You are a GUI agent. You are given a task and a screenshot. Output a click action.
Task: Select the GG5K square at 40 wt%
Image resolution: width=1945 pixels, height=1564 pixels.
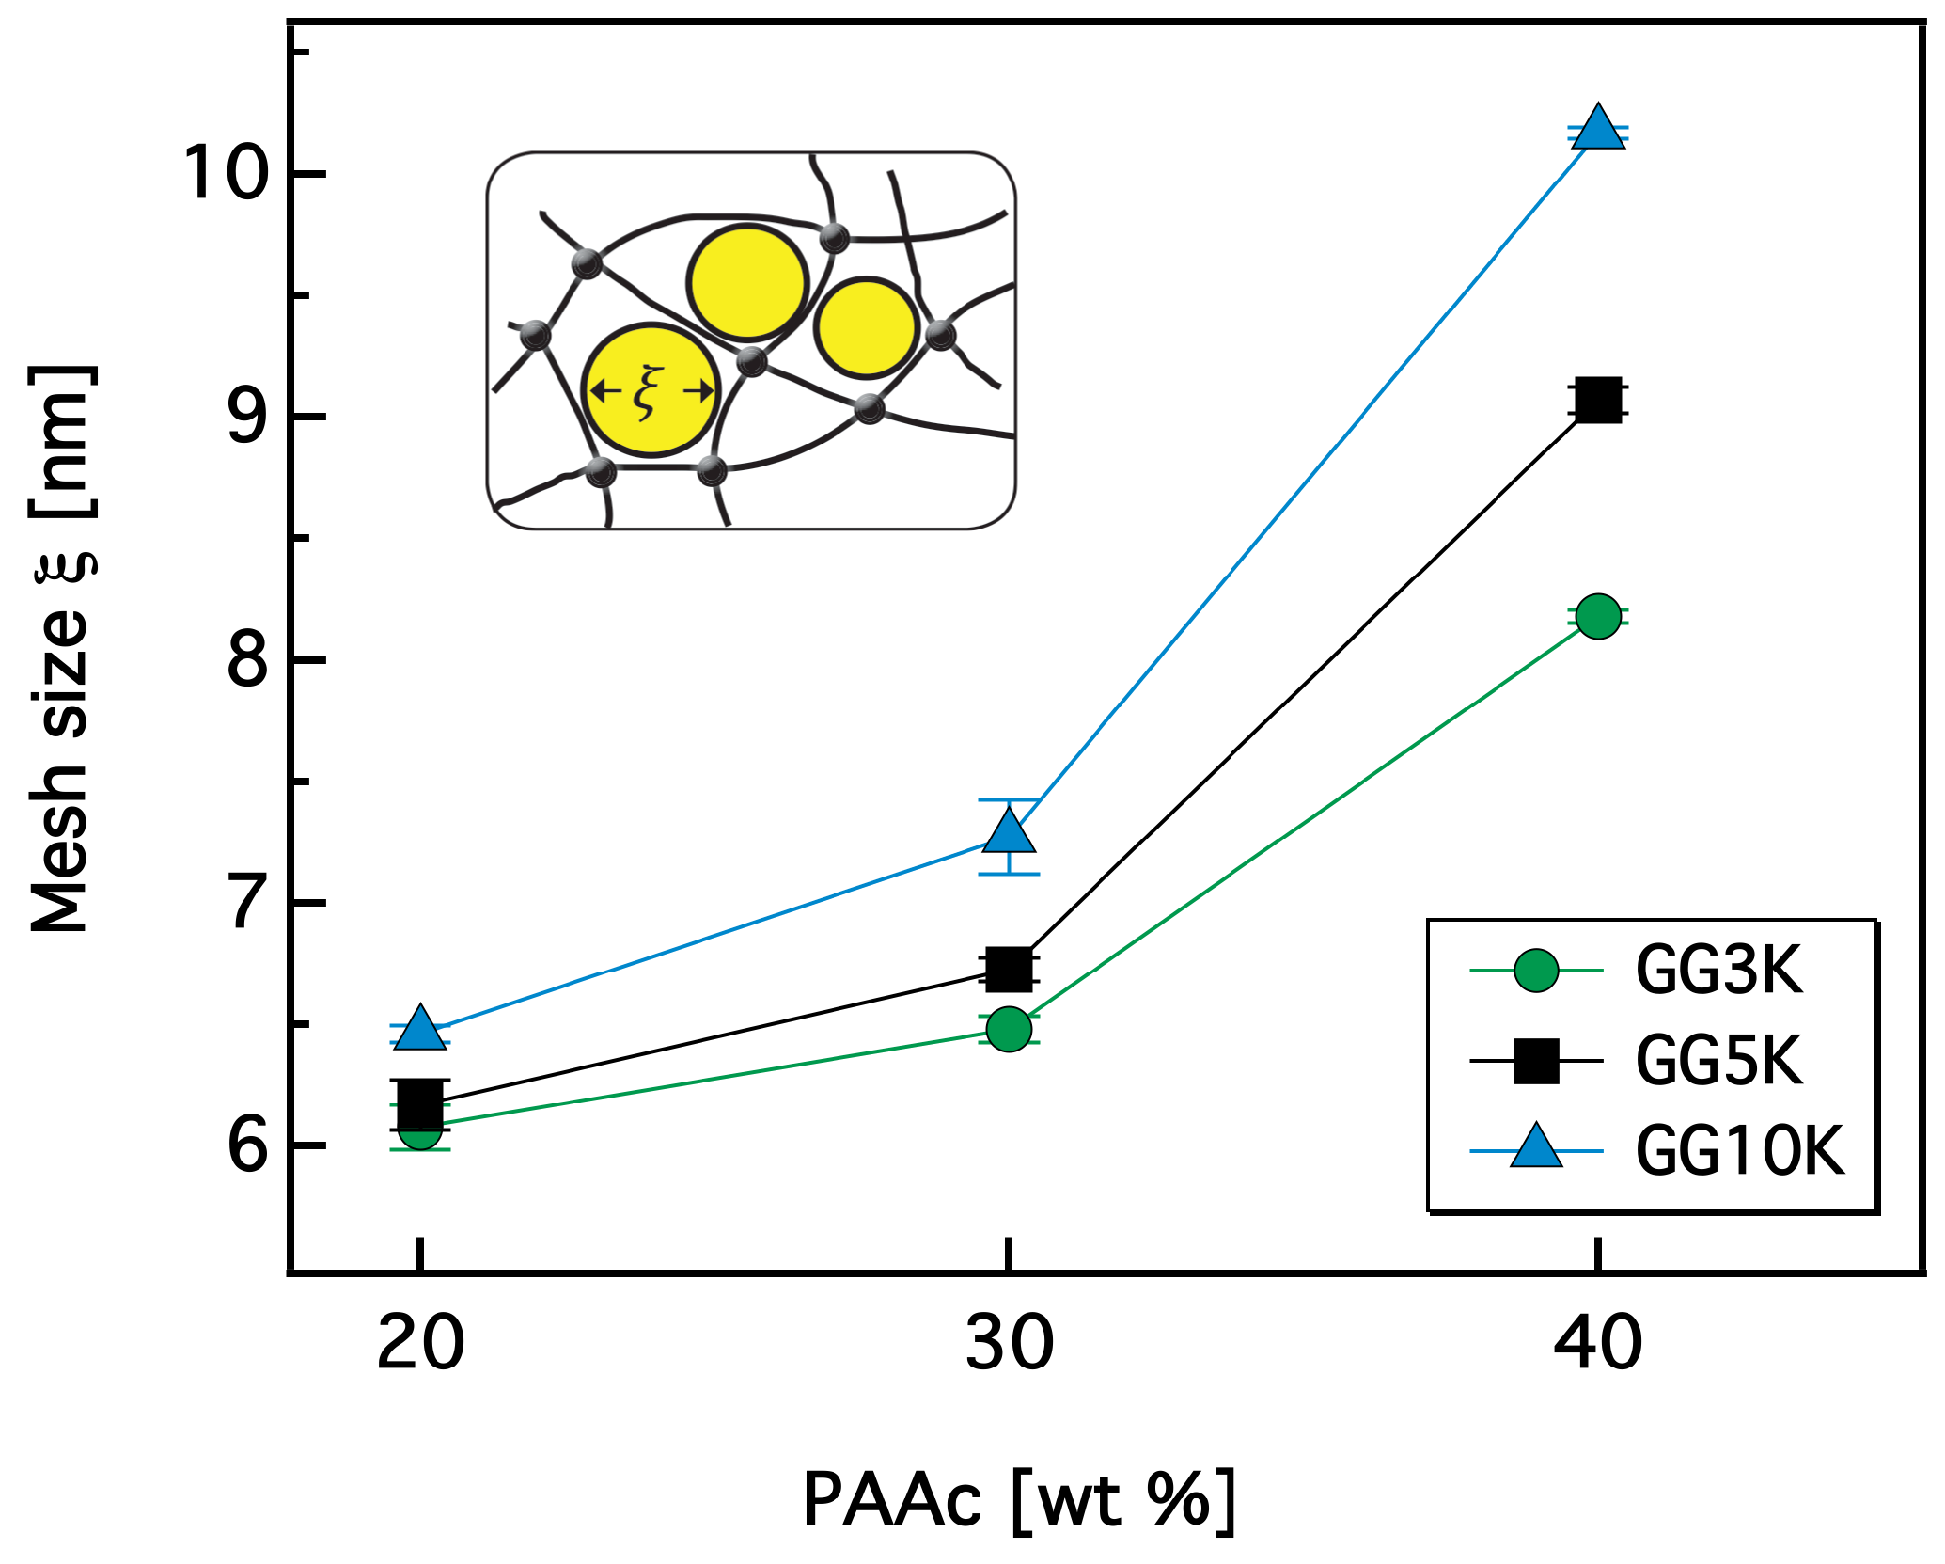point(1597,401)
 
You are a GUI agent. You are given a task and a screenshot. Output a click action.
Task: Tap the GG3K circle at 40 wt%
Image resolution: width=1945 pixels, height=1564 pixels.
point(1598,617)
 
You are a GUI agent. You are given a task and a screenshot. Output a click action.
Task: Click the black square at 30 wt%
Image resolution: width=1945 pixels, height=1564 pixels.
point(1009,970)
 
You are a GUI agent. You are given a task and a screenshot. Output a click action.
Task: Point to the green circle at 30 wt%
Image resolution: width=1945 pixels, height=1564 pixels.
point(1009,1029)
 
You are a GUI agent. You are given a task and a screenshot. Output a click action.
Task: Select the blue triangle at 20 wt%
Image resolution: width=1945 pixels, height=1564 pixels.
point(420,1029)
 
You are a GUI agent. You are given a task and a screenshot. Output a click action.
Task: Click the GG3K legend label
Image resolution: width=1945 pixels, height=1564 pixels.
point(1718,971)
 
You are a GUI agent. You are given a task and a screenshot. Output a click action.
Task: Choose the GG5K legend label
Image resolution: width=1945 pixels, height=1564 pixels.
point(1718,1061)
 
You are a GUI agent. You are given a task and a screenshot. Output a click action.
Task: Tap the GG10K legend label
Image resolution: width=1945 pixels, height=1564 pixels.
point(1740,1150)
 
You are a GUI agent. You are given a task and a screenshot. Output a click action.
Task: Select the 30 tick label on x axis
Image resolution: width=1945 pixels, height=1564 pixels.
point(1009,1346)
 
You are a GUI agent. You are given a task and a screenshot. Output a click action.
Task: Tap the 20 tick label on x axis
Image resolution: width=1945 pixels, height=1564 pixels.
point(420,1346)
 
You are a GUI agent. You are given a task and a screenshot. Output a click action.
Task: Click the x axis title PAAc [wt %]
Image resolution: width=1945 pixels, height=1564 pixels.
point(1018,1499)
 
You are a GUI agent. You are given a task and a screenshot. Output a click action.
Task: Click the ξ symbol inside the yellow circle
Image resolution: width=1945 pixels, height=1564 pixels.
point(647,392)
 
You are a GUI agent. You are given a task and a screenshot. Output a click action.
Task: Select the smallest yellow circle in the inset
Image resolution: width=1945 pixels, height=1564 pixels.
point(866,327)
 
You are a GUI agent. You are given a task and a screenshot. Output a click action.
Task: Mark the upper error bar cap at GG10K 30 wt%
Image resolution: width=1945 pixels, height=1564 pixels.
point(1009,799)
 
